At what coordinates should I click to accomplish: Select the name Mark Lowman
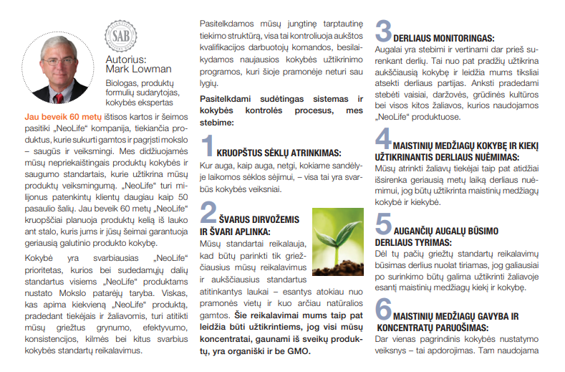pos(138,69)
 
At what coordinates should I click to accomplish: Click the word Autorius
pos(125,59)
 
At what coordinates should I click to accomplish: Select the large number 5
pos(383,224)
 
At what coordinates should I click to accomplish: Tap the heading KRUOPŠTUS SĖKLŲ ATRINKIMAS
pos(279,153)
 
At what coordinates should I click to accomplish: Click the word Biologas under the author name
pos(122,82)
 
